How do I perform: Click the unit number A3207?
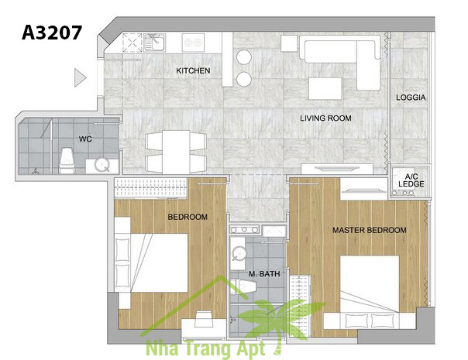pos(52,33)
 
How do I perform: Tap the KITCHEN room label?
pos(193,70)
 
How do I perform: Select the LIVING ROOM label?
pos(325,118)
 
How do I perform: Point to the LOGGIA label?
pos(411,98)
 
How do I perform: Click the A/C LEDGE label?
pos(411,180)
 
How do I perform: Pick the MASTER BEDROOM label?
pos(370,230)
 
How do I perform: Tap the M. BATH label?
pos(264,274)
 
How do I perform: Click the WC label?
pos(85,139)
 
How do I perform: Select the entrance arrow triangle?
pos(80,78)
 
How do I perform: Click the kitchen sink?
pos(155,43)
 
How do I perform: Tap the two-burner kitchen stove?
pos(193,43)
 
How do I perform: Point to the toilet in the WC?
pos(67,160)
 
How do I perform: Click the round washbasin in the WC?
pos(102,166)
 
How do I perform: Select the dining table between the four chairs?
pos(176,152)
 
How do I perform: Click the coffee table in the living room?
pos(325,88)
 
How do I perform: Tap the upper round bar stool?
pos(244,57)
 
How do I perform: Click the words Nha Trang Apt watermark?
pos(205,348)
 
